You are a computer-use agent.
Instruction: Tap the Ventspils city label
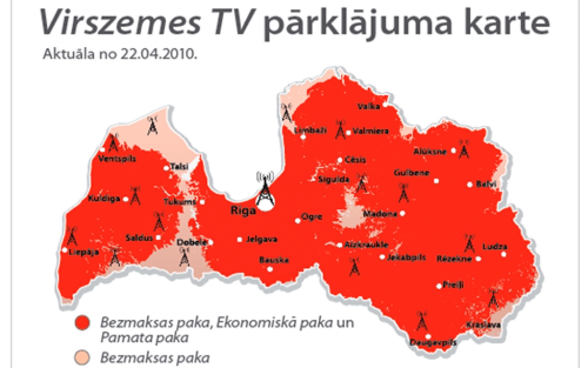coord(117,158)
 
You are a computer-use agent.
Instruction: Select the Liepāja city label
coord(84,251)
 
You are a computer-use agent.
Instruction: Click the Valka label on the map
coord(368,106)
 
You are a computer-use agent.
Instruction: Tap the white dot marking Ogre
coord(297,219)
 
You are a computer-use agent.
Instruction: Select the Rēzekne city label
coord(454,258)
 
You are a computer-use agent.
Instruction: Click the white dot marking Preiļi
coord(439,285)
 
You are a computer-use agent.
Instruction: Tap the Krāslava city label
coord(483,325)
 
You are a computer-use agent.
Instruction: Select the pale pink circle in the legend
coord(84,357)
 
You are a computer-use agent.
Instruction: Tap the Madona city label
coord(380,214)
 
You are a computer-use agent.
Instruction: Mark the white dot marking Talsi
coord(166,168)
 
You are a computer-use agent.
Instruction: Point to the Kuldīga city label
coord(104,199)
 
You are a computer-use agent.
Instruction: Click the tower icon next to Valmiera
coord(340,130)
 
